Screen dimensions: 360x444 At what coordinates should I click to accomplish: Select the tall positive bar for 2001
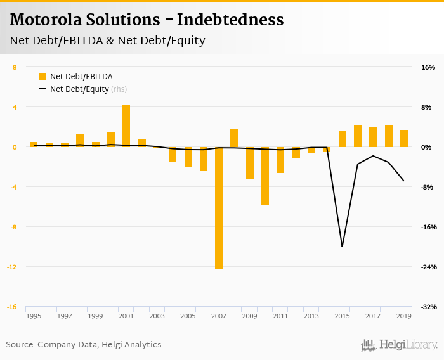pyautogui.click(x=126, y=125)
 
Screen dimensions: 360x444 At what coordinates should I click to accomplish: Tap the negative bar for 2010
pyautogui.click(x=265, y=176)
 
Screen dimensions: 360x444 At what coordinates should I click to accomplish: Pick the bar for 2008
pyautogui.click(x=234, y=138)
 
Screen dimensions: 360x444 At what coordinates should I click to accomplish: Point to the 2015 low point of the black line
pyautogui.click(x=342, y=246)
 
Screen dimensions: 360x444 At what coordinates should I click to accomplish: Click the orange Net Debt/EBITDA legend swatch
pyautogui.click(x=42, y=77)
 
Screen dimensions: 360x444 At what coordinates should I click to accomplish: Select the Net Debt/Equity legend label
pyautogui.click(x=79, y=89)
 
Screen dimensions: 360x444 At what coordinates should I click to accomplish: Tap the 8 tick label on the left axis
pyautogui.click(x=15, y=67)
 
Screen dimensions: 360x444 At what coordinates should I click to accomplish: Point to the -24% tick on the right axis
pyautogui.click(x=428, y=267)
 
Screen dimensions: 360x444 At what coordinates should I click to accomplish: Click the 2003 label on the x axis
pyautogui.click(x=157, y=316)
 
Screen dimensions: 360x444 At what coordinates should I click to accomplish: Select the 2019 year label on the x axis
pyautogui.click(x=403, y=316)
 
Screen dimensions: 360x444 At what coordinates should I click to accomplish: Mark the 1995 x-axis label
pyautogui.click(x=34, y=316)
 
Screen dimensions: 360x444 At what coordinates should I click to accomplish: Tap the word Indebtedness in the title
pyautogui.click(x=230, y=20)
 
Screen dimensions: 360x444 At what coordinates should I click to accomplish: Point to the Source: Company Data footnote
pyautogui.click(x=84, y=345)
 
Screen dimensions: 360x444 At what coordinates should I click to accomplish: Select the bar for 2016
pyautogui.click(x=358, y=136)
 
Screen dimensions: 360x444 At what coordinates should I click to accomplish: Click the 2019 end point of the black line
pyautogui.click(x=403, y=181)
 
